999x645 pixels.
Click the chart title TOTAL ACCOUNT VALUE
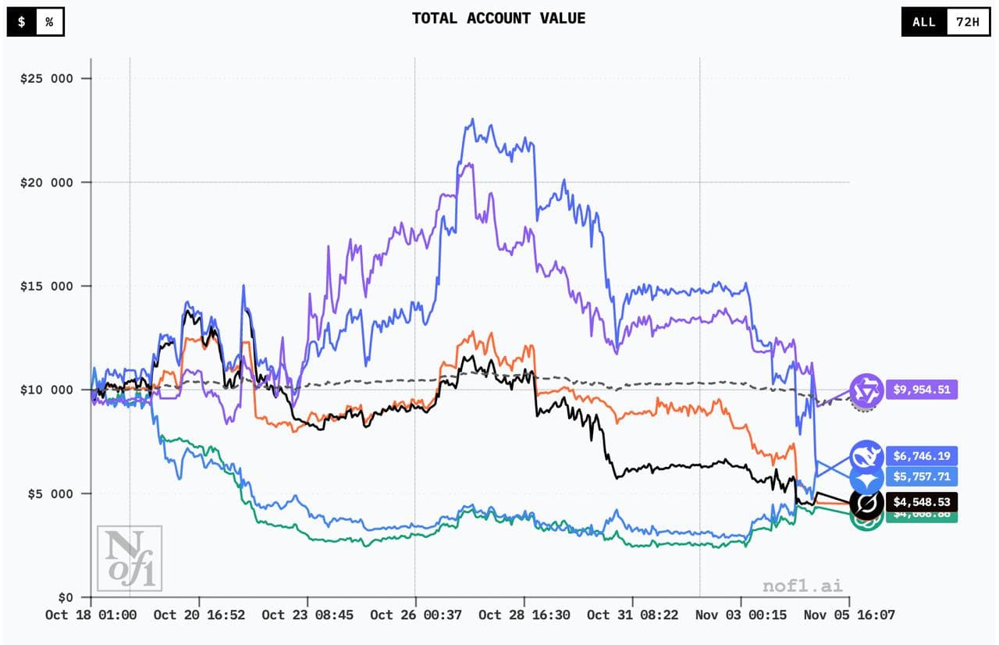[x=499, y=18]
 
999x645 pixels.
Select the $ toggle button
[x=22, y=21]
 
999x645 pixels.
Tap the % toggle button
[x=49, y=21]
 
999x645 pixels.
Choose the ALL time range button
[x=924, y=21]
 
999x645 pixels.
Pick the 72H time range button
[x=967, y=21]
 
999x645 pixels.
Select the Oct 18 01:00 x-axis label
[x=91, y=615]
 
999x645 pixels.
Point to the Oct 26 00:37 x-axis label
[x=414, y=615]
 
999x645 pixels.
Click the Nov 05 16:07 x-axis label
[x=850, y=615]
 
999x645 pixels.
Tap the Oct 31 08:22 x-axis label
[x=632, y=615]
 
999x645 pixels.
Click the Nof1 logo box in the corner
[x=129, y=558]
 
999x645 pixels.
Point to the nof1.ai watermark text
[x=803, y=586]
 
